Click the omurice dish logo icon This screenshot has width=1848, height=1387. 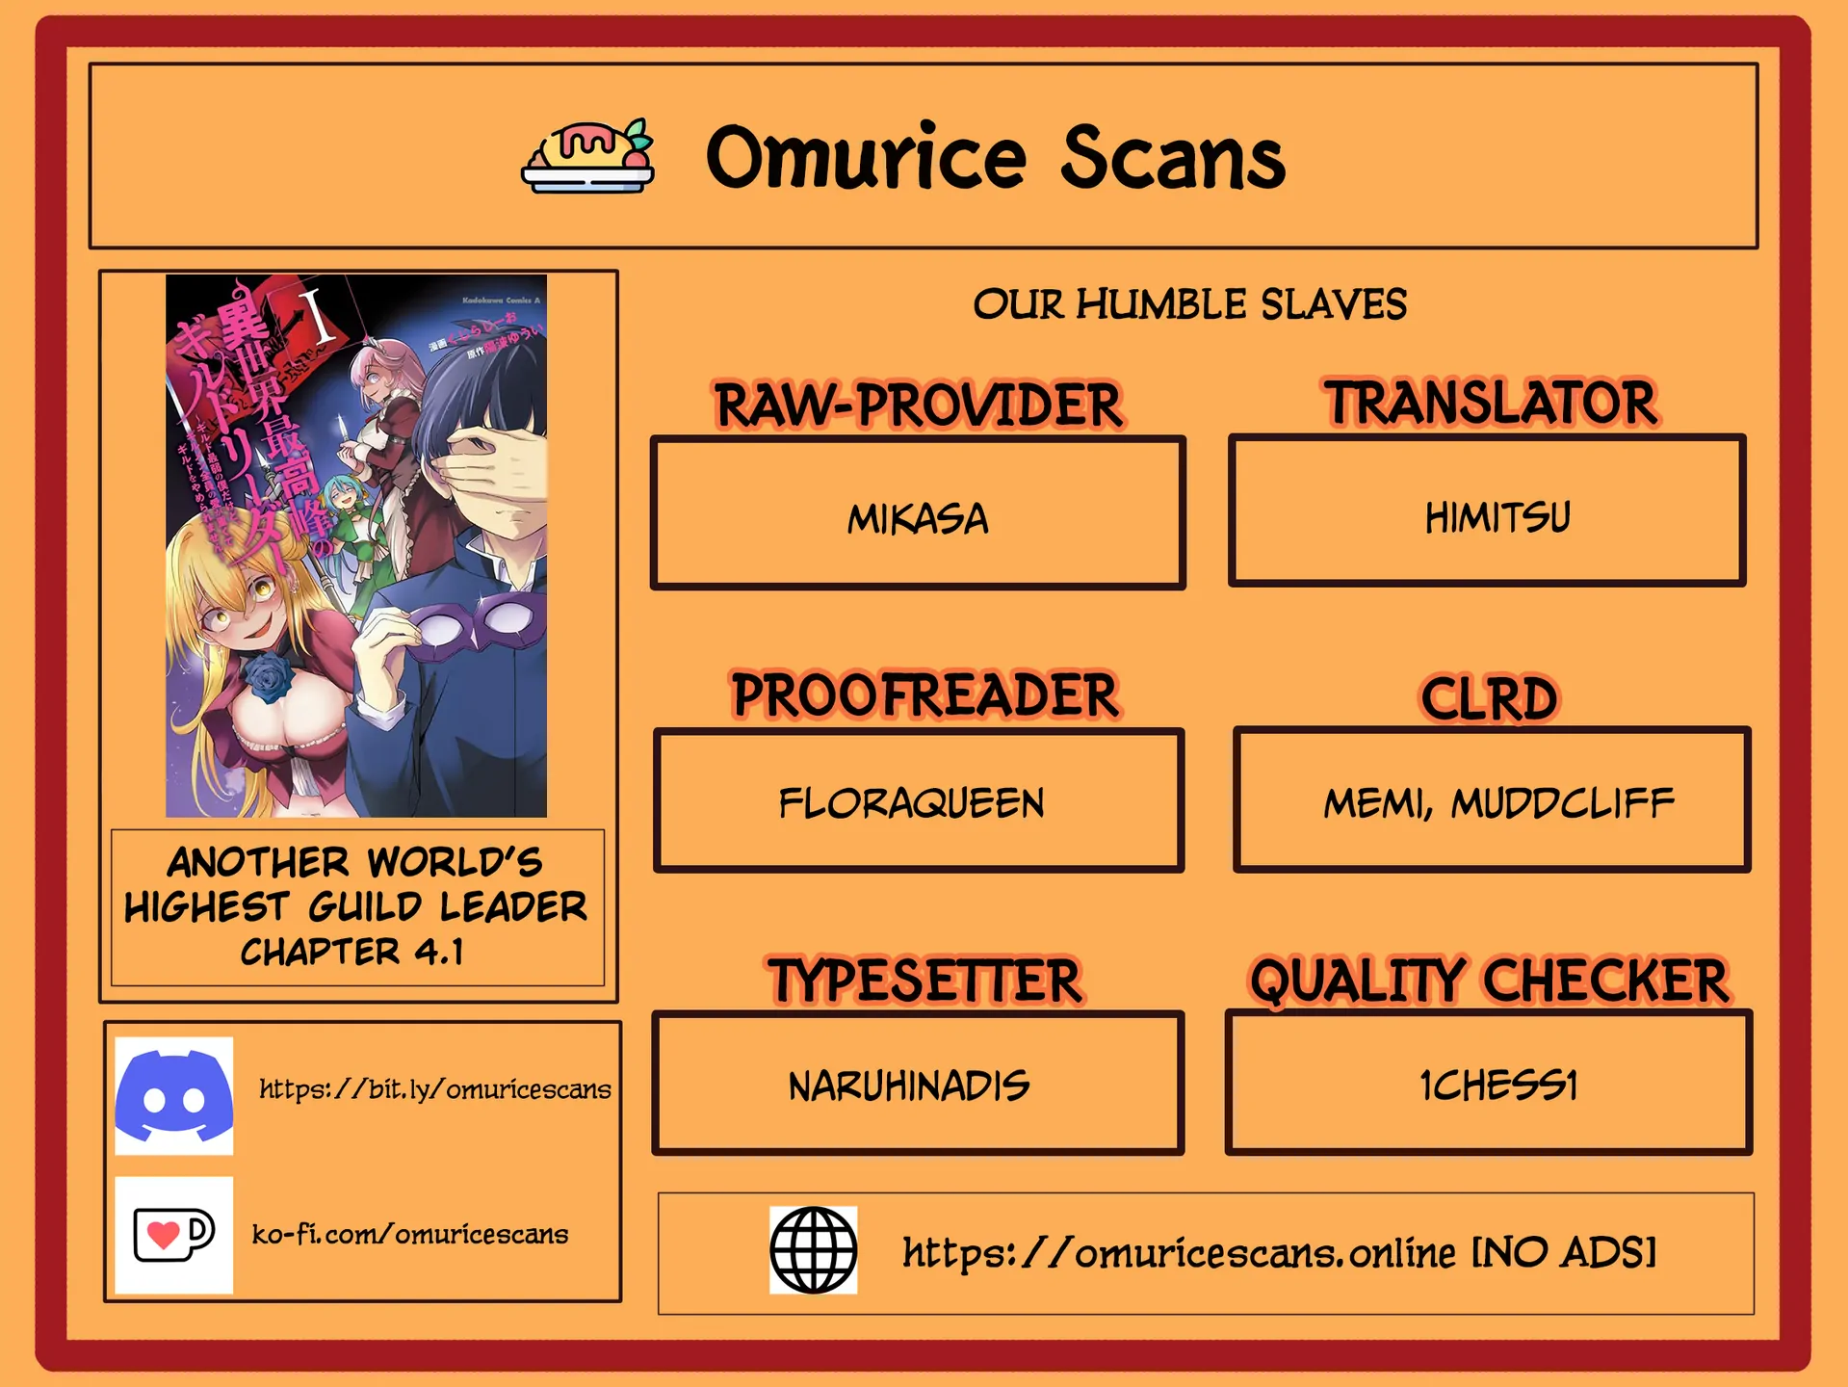point(587,156)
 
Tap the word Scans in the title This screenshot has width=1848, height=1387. point(1173,158)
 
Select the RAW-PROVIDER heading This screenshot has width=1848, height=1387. point(918,406)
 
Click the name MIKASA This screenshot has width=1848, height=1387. point(918,519)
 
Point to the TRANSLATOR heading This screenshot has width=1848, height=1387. point(1490,403)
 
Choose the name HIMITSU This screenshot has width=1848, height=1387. point(1497,517)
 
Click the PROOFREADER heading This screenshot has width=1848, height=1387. point(924,695)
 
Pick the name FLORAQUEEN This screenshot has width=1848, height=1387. point(911,803)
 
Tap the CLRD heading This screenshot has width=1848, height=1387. point(1489,698)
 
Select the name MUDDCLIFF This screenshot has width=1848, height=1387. point(1562,803)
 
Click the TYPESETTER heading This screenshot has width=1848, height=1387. point(924,981)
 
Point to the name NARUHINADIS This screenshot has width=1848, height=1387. point(909,1086)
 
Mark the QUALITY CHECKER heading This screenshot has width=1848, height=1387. point(1489,981)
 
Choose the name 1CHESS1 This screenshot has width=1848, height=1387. point(1498,1086)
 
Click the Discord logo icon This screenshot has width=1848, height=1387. point(174,1096)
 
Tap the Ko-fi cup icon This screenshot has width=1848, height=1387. point(174,1235)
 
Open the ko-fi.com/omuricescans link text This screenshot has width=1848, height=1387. point(410,1235)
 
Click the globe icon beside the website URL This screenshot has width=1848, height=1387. point(813,1250)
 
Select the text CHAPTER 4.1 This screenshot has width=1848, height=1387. point(352,953)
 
